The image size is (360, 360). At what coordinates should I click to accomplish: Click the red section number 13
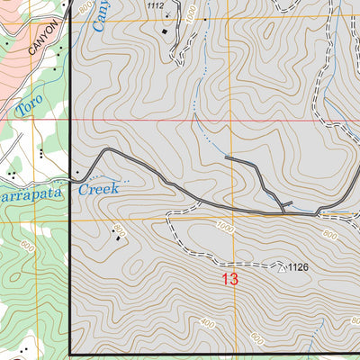[229, 279]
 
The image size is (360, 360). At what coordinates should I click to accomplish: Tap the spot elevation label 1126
[303, 267]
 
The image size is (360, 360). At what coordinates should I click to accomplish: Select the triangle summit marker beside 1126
[282, 267]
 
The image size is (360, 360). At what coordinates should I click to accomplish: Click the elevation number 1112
[156, 5]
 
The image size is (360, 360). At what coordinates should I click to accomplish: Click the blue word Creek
[98, 189]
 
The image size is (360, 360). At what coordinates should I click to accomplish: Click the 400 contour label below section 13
[208, 322]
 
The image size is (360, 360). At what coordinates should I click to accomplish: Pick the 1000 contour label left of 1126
[225, 229]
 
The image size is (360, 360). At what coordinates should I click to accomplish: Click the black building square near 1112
[165, 32]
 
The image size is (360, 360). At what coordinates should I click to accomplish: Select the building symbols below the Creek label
[118, 234]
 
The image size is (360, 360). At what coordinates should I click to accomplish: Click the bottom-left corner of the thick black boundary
[70, 354]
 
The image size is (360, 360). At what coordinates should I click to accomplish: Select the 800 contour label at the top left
[85, 7]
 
